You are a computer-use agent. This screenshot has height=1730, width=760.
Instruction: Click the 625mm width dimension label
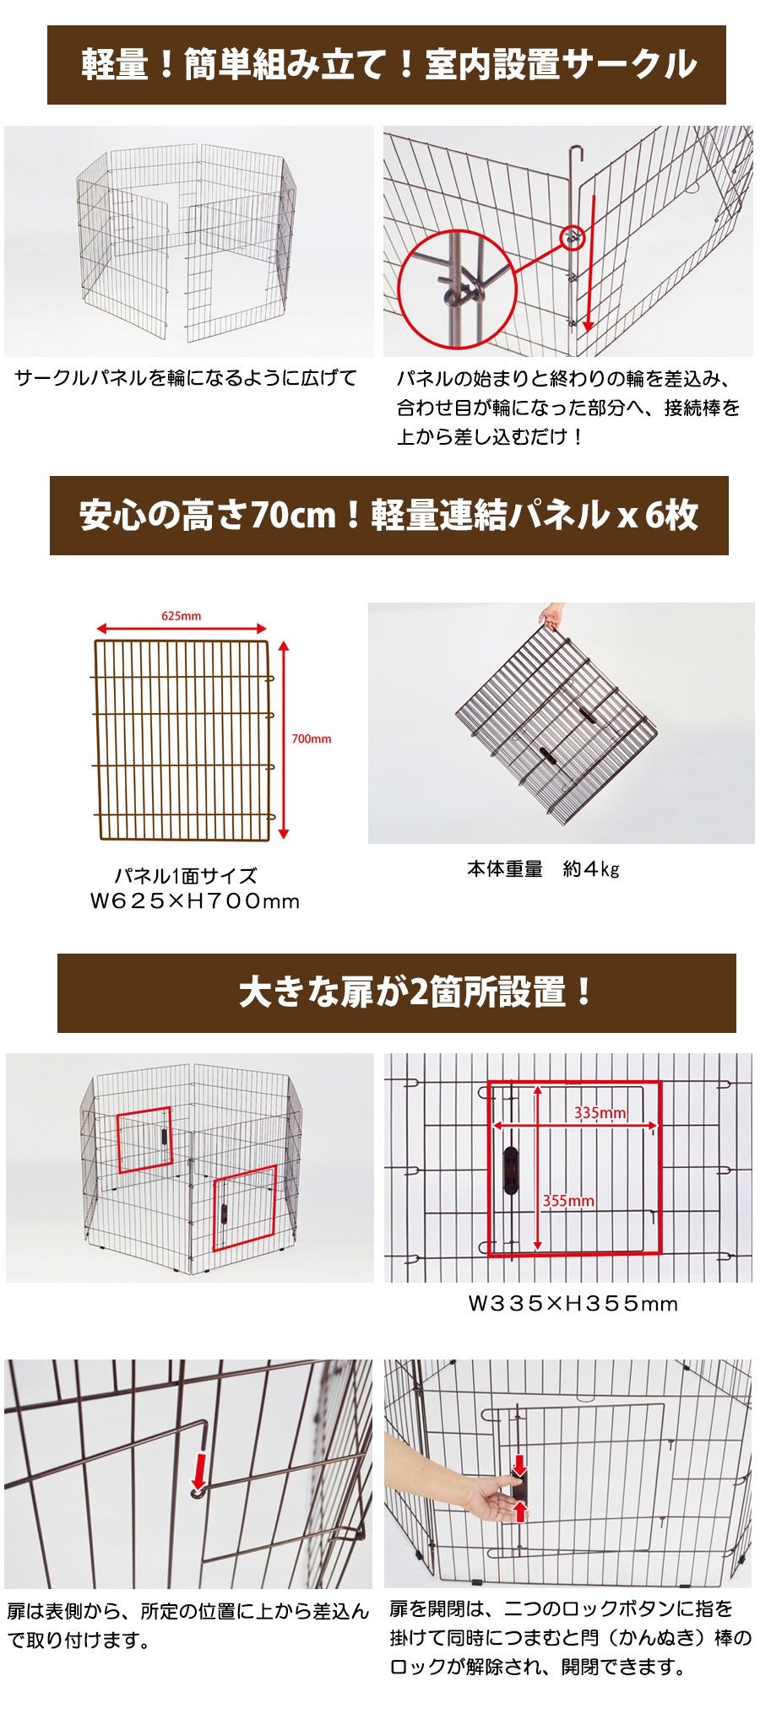(x=181, y=616)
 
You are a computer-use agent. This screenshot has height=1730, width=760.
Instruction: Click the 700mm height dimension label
(x=311, y=738)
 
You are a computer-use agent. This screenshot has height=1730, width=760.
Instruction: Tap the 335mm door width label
(x=600, y=1112)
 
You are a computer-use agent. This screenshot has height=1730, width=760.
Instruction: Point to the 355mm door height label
(x=567, y=1200)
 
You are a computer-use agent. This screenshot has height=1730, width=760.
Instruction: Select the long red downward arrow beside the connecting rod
(x=589, y=262)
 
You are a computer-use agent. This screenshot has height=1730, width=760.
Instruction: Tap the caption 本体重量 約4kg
(x=543, y=869)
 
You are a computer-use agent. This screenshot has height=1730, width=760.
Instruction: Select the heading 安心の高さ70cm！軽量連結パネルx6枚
(x=389, y=515)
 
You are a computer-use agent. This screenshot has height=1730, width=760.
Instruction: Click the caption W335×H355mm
(x=573, y=1303)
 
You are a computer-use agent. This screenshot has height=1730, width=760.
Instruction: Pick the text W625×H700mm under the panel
(x=195, y=901)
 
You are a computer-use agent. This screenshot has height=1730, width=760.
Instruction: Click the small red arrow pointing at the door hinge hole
(x=199, y=1470)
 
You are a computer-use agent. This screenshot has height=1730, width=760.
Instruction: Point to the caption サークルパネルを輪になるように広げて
(x=186, y=377)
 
